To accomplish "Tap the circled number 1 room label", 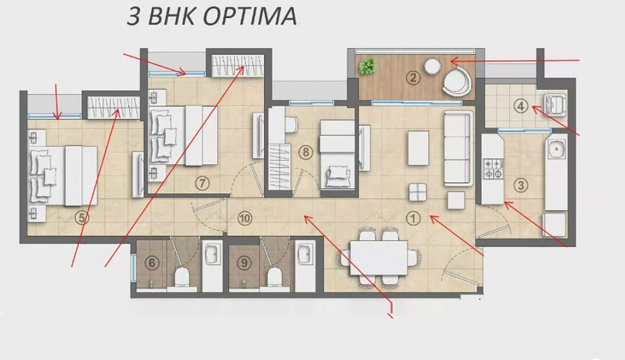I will (414, 219).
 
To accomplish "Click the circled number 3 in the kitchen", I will (521, 186).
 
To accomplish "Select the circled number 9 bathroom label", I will (244, 217).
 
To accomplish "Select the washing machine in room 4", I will (556, 103).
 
